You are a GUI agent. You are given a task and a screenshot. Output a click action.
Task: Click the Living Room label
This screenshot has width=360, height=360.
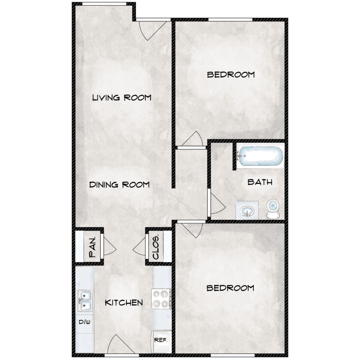tap(122, 97)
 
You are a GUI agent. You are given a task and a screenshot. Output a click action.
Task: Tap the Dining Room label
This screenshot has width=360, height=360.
tap(120, 185)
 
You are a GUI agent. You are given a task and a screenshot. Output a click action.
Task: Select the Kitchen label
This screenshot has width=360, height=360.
tap(124, 302)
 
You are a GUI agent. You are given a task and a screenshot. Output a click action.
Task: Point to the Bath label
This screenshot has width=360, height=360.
tap(260, 182)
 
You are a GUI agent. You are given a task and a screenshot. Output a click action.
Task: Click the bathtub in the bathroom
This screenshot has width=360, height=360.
tap(261, 156)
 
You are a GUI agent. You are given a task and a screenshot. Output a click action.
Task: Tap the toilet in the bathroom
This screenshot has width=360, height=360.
tap(273, 208)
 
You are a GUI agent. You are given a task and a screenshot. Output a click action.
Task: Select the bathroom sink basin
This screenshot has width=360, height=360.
tap(247, 211)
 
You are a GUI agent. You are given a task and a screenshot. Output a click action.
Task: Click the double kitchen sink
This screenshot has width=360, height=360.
tap(85, 300)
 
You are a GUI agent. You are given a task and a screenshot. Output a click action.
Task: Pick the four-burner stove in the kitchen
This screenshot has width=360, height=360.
tap(161, 299)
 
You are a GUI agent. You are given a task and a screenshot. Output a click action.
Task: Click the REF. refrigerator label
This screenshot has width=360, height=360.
tap(161, 340)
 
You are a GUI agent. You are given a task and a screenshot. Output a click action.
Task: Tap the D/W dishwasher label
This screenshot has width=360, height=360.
tap(84, 322)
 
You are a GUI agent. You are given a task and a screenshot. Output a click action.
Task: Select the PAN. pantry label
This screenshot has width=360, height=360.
tap(92, 247)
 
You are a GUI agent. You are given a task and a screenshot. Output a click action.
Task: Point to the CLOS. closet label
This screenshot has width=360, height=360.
tap(156, 247)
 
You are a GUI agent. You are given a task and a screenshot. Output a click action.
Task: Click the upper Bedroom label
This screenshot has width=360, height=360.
tap(231, 74)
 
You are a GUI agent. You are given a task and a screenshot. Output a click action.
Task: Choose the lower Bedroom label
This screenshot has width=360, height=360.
tap(230, 288)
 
